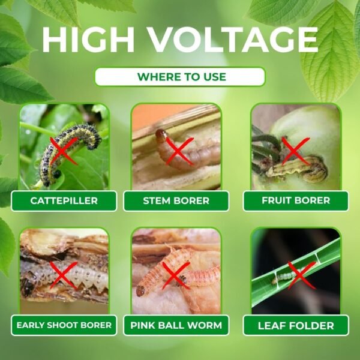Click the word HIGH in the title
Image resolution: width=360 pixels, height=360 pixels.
88,40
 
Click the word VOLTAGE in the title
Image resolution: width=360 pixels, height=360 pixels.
233,40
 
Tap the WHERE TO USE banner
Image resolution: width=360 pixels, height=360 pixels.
180,77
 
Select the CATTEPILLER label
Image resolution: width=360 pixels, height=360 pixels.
64,200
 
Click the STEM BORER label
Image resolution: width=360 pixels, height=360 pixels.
176,200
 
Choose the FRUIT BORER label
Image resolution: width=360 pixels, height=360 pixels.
296,200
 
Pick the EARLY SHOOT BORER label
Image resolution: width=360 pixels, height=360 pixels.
64,325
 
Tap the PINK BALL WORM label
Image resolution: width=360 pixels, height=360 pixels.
176,325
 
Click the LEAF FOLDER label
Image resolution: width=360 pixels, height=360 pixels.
296,326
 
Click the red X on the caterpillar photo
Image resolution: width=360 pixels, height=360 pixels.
64,151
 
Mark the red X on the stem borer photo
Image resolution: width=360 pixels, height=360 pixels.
179,151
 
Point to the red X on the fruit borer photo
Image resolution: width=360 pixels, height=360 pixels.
296,151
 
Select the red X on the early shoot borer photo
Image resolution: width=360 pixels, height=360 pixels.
64,275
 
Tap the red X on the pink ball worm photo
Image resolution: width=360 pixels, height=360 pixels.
176,275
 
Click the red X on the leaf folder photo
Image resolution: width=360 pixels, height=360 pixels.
302,275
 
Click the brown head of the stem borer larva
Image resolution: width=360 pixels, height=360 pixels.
160,134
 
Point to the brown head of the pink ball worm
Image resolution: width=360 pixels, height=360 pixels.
140,291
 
